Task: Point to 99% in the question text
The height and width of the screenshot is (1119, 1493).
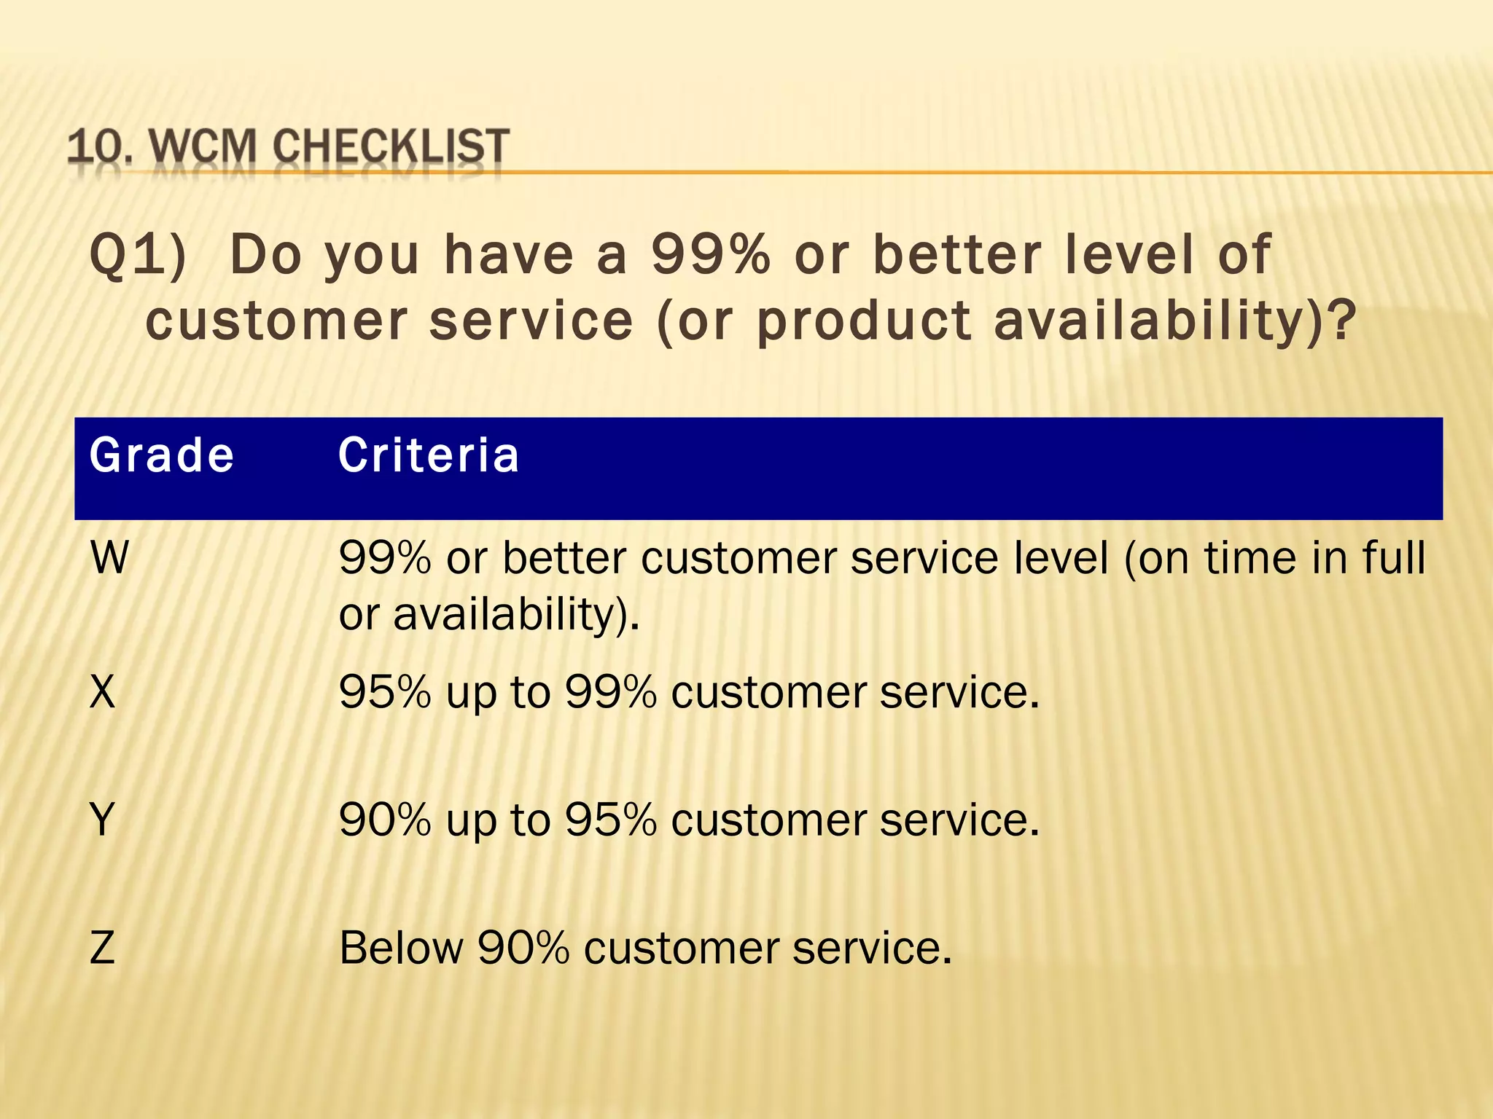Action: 711,255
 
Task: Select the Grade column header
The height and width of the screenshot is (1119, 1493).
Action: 162,456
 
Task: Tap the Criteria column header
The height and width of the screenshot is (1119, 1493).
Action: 429,456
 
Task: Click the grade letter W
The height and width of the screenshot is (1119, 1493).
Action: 109,559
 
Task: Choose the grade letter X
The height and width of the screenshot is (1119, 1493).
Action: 103,691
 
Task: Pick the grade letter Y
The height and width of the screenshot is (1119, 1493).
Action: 103,820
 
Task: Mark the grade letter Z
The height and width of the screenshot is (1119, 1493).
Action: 103,948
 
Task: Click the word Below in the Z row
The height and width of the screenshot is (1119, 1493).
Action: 401,948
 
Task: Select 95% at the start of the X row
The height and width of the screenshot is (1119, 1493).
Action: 385,691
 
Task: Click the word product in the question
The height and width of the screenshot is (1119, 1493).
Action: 864,321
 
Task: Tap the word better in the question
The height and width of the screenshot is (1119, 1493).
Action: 957,255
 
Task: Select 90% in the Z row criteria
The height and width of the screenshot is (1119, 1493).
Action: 523,948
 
